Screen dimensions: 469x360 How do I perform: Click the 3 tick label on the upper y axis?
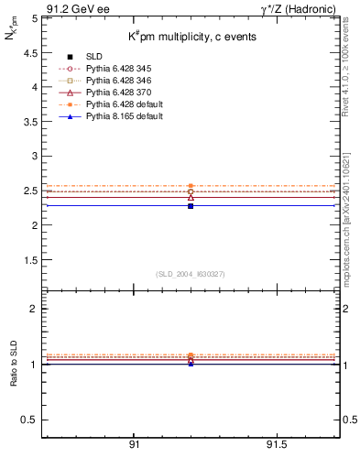coord(34,156)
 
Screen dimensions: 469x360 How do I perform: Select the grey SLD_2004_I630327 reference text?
coord(191,274)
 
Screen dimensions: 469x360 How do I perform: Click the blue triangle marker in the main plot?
coord(191,205)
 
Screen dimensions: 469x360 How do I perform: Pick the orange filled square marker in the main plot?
coord(191,186)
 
